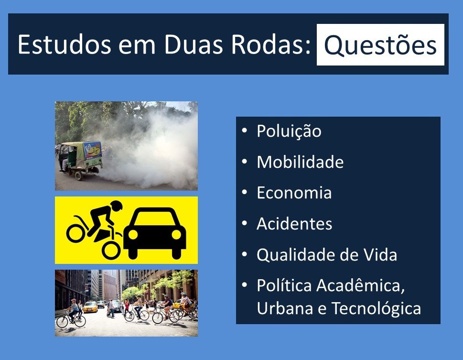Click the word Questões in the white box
pos(380,45)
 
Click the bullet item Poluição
pos(289,131)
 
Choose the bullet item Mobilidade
pos(300,162)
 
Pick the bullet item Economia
pos(294,193)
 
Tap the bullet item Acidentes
pos(294,224)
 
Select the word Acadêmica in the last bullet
pos(361,286)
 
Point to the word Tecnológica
pos(376,308)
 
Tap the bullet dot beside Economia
pos(244,193)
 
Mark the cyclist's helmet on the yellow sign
pos(117,206)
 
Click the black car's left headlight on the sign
pos(133,234)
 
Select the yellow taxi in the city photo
pos(90,307)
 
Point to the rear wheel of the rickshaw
pos(78,176)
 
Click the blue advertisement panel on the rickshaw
pos(93,150)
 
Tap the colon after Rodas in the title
pos(308,47)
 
